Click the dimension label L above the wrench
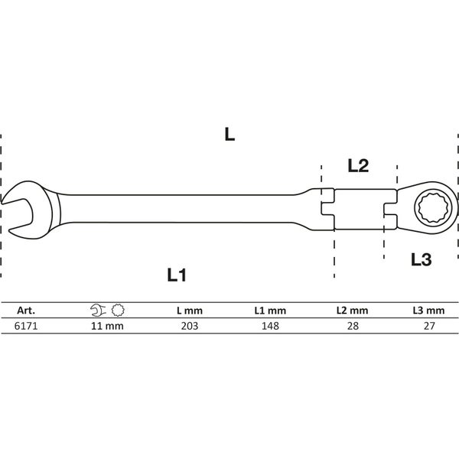[x=229, y=135]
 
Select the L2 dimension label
[x=358, y=165]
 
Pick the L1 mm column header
[x=269, y=311]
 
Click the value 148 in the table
[x=269, y=325]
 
